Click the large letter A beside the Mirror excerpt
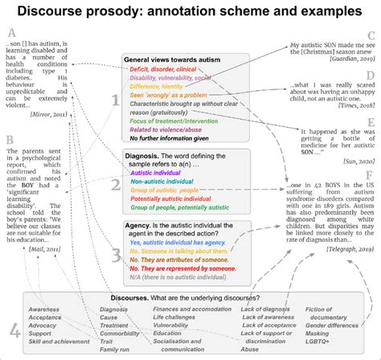point(10,34)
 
